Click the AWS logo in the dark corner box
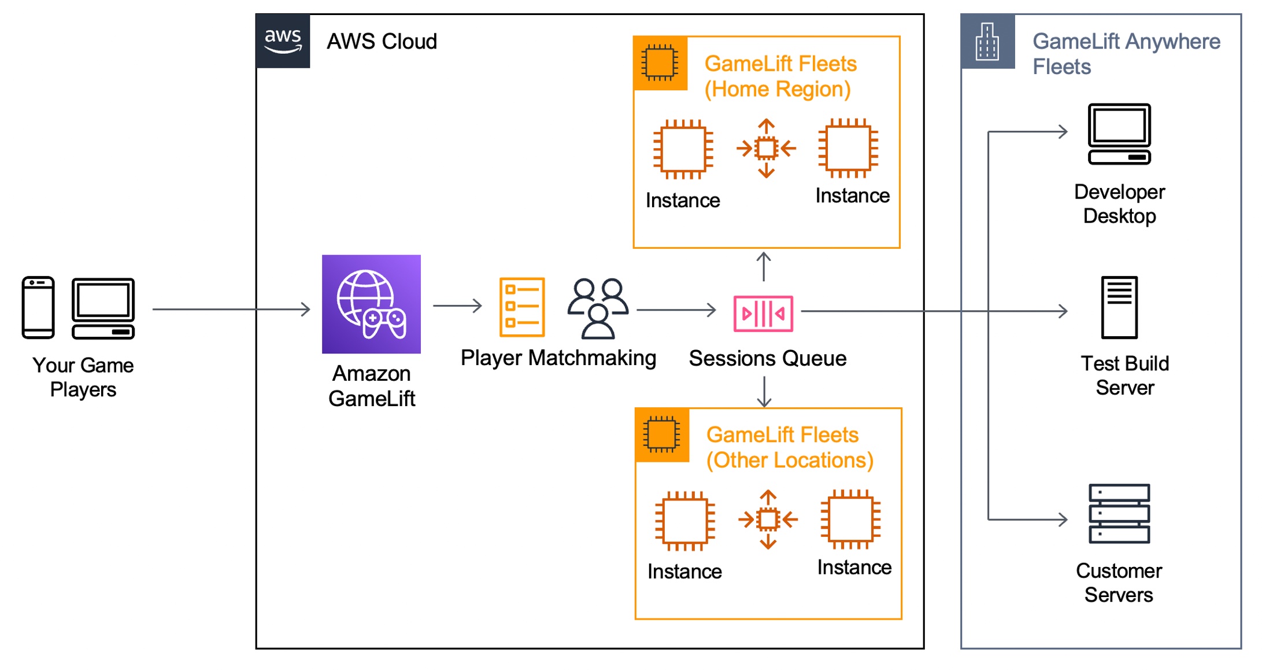click(283, 41)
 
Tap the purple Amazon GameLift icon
click(371, 304)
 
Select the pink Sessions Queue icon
click(763, 314)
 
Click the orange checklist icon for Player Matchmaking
click(522, 307)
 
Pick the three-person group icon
click(598, 308)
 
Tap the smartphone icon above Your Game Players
click(38, 307)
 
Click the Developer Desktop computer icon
click(1119, 134)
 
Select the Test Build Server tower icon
click(1119, 307)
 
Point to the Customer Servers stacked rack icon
click(1119, 514)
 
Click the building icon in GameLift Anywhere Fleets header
click(987, 42)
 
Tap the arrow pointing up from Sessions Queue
click(764, 267)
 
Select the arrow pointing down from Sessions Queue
click(764, 392)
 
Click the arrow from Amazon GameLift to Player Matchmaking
click(457, 305)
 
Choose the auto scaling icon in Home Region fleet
click(766, 148)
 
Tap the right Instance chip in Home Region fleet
click(848, 148)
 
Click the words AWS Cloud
click(382, 42)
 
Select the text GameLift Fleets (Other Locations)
click(789, 447)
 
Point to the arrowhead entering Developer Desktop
click(1063, 132)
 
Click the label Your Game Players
click(83, 377)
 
